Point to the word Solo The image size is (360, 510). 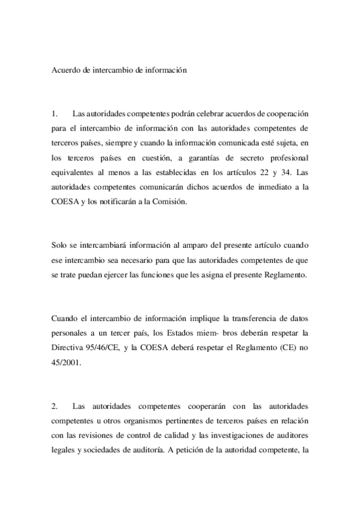(x=59, y=245)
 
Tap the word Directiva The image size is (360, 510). (x=68, y=348)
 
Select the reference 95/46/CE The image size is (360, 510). (x=108, y=348)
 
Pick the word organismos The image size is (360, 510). (x=140, y=422)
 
